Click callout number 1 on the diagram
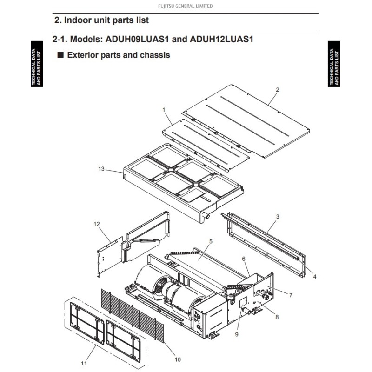click(x=164, y=110)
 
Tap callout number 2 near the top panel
click(x=277, y=90)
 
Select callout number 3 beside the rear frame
click(x=278, y=216)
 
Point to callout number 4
click(x=315, y=277)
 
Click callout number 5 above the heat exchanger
click(x=211, y=241)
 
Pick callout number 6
click(x=243, y=259)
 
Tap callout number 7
click(x=291, y=295)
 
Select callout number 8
click(x=277, y=317)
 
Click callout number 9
click(x=237, y=334)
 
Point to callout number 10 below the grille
click(x=178, y=359)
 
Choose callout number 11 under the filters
click(x=84, y=364)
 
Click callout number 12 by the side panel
click(x=97, y=224)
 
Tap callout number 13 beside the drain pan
click(x=101, y=169)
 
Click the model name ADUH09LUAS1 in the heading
click(x=137, y=39)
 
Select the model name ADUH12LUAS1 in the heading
click(x=221, y=39)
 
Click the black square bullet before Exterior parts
click(x=61, y=55)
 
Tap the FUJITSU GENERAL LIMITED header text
click(x=185, y=6)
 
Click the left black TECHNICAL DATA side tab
click(x=37, y=64)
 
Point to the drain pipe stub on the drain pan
click(x=206, y=215)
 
